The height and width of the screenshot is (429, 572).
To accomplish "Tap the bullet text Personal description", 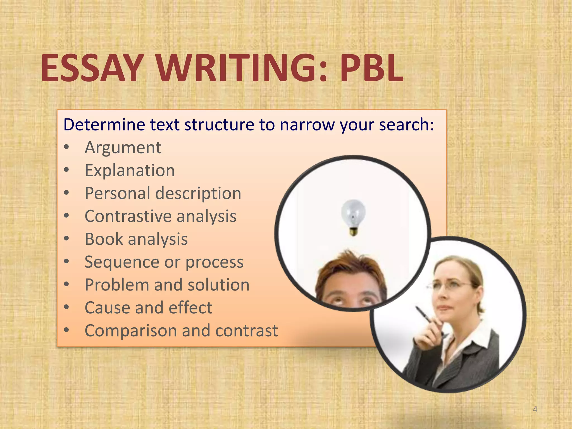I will pos(163,193).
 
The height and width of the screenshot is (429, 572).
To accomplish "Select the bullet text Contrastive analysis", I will pos(161,216).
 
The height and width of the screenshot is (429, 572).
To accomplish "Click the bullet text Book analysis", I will pos(136,239).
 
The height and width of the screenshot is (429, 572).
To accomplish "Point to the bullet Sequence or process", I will pos(164,262).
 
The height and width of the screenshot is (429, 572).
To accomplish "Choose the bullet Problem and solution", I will pos(167,285).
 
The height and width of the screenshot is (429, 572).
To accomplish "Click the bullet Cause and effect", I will pos(148,308).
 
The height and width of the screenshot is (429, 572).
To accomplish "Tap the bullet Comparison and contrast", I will pos(181,331).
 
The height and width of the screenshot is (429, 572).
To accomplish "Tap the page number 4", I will pos(535,409).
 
